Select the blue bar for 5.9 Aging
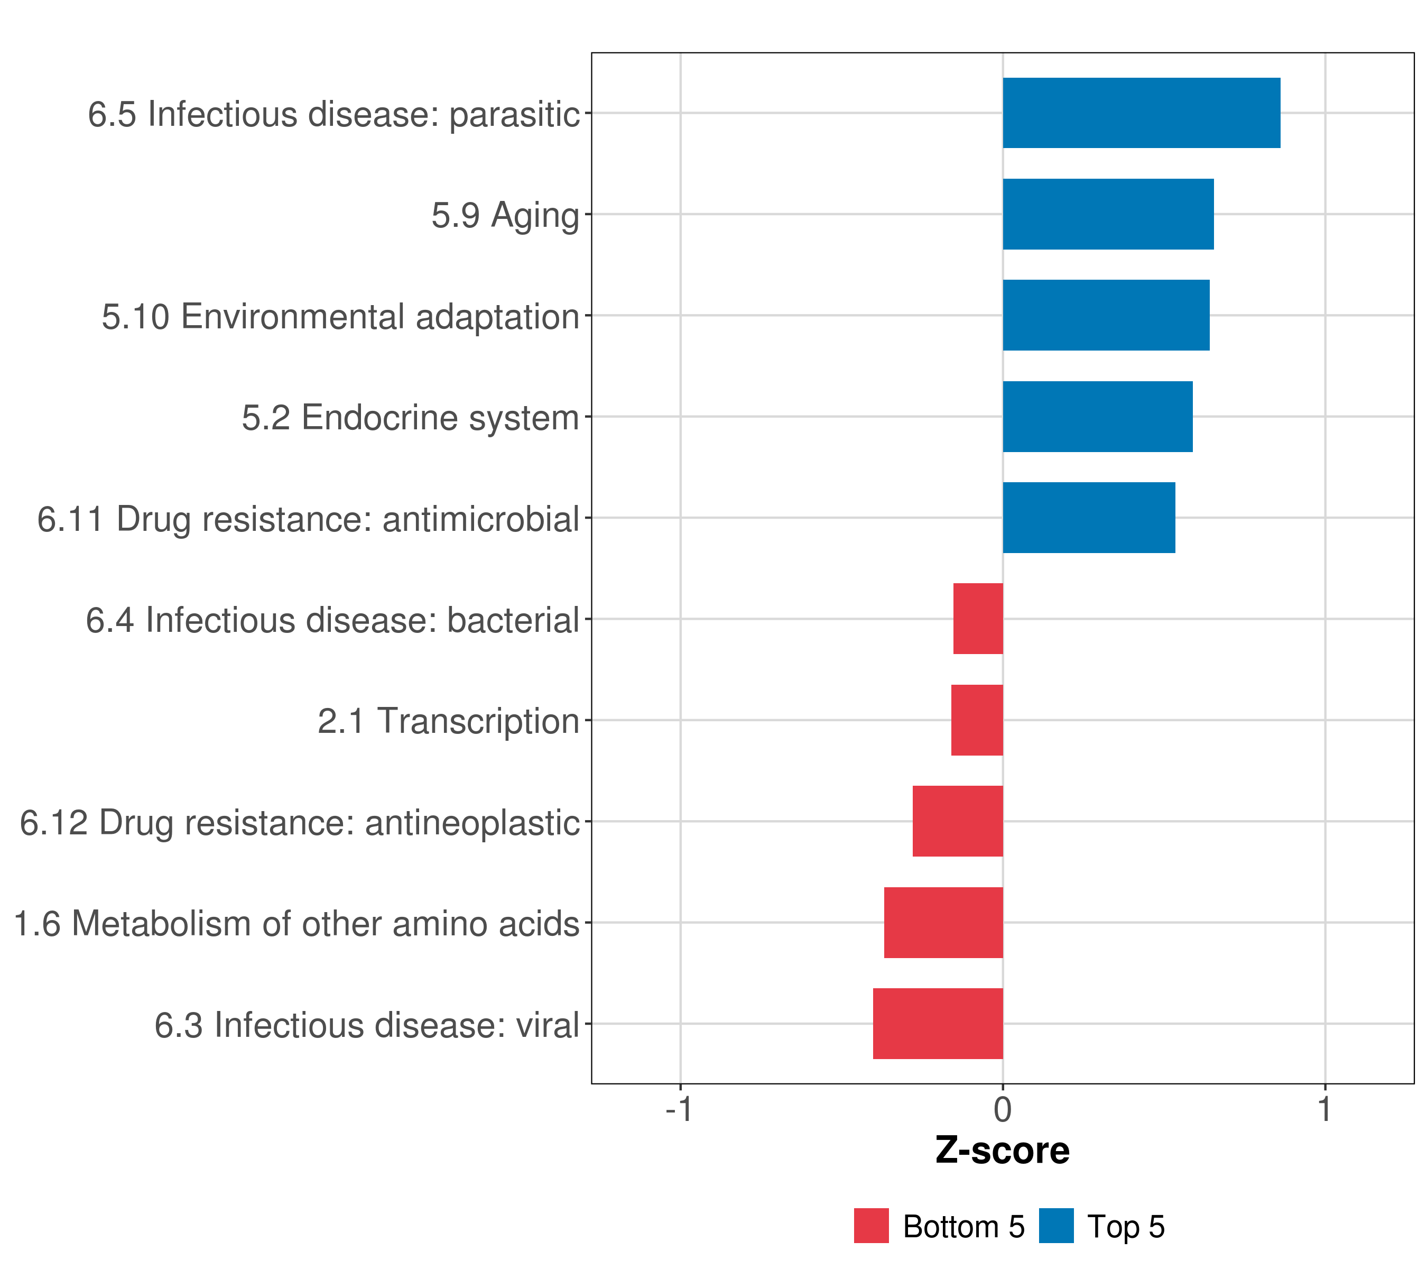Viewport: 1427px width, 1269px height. click(x=1108, y=215)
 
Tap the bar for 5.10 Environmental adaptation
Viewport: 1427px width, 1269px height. click(x=1106, y=315)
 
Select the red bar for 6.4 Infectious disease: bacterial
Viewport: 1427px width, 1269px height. click(x=978, y=619)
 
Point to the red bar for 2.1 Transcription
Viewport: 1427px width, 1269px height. click(x=977, y=720)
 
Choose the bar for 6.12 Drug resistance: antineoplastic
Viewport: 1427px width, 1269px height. click(x=957, y=821)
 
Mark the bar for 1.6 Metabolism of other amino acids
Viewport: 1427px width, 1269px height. click(x=943, y=923)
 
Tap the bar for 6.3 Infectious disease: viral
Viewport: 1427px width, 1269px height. click(x=938, y=1024)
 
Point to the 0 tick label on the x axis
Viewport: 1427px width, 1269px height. click(x=1003, y=1109)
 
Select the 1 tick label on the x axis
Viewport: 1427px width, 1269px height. click(x=1324, y=1109)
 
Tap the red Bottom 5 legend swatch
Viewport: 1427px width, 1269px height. click(x=872, y=1226)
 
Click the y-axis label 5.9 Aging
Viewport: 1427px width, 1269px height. click(x=505, y=215)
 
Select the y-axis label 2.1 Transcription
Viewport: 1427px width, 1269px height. click(x=448, y=721)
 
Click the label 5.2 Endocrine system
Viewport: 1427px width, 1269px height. click(x=411, y=418)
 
